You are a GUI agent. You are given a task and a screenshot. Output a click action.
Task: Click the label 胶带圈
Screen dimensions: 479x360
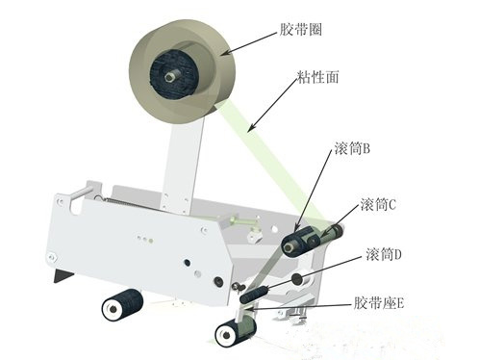point(300,30)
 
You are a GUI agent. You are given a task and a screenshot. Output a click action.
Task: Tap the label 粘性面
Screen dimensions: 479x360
point(317,77)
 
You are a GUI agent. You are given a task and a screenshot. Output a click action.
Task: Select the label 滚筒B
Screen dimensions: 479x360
point(352,148)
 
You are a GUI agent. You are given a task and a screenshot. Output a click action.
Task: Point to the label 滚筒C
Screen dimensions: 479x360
point(378,204)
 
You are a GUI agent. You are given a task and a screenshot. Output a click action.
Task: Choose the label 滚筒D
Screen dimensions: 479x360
point(384,254)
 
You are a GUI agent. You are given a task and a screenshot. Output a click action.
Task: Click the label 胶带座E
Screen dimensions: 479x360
point(379,303)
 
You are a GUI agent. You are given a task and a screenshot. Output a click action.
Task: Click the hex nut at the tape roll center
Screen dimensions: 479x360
point(169,77)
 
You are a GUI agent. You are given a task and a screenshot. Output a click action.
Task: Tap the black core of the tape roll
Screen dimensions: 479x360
point(174,76)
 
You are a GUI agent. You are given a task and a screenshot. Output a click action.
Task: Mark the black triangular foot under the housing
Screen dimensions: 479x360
point(63,275)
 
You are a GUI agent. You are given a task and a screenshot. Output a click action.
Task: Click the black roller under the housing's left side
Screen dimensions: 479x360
point(122,304)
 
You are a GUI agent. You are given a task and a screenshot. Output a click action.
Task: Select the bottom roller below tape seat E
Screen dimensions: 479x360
point(236,331)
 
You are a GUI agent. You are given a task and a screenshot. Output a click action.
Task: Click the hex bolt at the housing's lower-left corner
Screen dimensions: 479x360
point(51,257)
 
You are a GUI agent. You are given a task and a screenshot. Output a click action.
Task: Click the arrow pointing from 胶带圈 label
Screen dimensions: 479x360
point(250,43)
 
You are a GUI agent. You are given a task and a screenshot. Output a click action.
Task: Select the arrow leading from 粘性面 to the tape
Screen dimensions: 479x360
point(273,104)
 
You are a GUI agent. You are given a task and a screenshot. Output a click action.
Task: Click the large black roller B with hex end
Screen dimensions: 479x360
point(298,242)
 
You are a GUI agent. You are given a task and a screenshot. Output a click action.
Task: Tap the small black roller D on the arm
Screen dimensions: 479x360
point(254,295)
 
